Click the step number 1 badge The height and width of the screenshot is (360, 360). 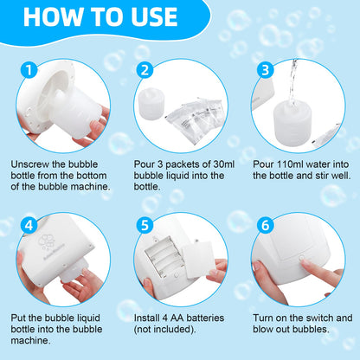[29, 70]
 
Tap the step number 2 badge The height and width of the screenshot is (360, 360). [145, 70]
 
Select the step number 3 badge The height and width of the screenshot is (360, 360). [265, 70]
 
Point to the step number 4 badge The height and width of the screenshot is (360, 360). [29, 224]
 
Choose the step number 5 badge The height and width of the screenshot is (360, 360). [145, 224]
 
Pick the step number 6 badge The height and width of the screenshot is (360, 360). [265, 224]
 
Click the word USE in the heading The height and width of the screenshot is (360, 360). [154, 16]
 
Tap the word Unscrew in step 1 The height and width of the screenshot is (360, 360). [30, 164]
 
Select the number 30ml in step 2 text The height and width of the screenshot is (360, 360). [224, 164]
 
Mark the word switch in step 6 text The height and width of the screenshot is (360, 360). [320, 318]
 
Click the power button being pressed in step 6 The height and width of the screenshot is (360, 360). [302, 258]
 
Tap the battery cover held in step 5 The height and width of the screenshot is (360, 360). [199, 260]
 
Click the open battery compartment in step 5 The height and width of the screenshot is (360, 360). [164, 255]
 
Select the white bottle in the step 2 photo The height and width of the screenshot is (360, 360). [151, 102]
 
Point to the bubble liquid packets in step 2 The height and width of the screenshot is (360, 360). [193, 119]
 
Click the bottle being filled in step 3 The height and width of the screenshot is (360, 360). [292, 124]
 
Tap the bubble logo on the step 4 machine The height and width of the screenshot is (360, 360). [47, 241]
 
